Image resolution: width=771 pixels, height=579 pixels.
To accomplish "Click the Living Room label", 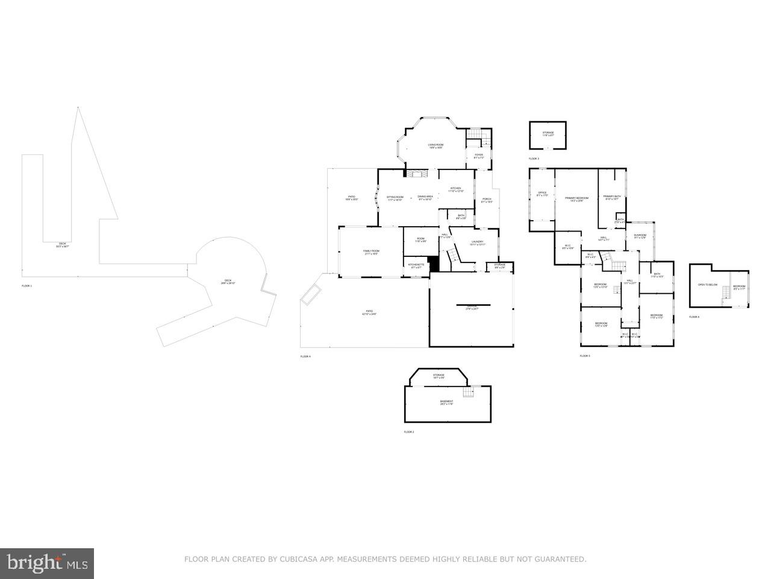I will (x=435, y=145).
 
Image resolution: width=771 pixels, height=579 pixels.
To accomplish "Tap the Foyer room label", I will (x=479, y=155).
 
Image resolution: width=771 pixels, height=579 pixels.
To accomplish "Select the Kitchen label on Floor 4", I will (x=455, y=189).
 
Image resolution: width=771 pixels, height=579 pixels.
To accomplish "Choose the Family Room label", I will (x=370, y=252).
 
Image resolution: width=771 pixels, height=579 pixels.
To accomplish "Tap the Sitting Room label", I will (x=395, y=197).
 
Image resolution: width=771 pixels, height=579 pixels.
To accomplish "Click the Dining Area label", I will (x=426, y=197).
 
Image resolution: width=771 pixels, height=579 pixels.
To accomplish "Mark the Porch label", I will (x=487, y=200).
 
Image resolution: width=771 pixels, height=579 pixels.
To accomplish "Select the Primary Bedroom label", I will (x=576, y=198).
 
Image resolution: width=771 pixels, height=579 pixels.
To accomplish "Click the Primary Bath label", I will (x=612, y=197).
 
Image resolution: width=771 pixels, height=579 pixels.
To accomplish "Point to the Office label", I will (x=542, y=194).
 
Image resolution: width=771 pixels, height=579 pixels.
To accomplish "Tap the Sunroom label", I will (x=640, y=236).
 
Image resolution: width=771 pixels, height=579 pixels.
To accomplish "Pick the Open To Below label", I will (x=708, y=285).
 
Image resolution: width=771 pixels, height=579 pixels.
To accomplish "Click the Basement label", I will (x=446, y=402).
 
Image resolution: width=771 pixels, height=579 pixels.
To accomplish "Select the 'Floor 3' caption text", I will (x=534, y=159).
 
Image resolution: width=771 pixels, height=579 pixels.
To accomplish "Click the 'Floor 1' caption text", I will (x=27, y=285).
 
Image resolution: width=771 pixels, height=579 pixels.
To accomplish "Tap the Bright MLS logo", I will (x=47, y=563).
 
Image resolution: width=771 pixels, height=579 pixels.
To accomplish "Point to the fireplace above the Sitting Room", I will (x=415, y=174).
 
